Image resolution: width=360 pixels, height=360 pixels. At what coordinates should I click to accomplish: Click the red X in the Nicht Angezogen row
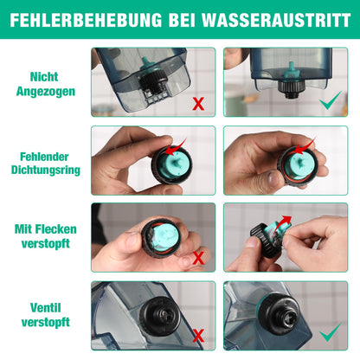198,104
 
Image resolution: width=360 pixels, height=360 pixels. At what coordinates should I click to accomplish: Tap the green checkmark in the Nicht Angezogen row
329,102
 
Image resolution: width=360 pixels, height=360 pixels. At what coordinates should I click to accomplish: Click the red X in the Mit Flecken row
198,258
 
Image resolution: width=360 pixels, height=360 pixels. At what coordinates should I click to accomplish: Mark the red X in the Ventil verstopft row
198,335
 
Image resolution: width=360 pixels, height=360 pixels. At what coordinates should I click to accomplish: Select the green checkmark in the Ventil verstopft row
329,333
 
